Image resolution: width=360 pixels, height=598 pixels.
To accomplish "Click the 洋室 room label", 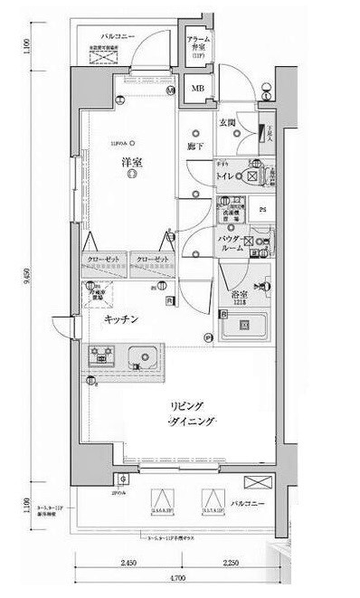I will click(133, 164).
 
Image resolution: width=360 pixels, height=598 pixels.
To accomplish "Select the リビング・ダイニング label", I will click(190, 414).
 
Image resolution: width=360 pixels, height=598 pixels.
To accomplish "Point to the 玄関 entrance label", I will click(227, 121).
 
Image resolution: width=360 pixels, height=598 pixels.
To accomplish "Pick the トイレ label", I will click(225, 177).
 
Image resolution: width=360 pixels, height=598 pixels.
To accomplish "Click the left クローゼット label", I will click(102, 260).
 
